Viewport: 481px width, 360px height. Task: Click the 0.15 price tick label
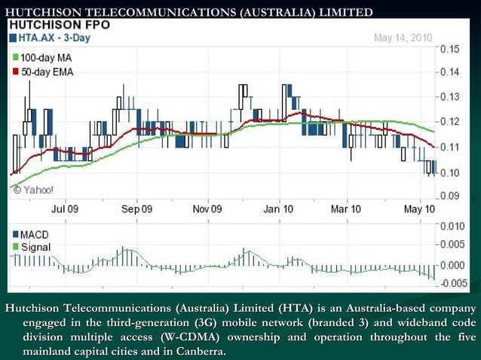[x=449, y=48]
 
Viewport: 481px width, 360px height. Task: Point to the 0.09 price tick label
[x=449, y=195]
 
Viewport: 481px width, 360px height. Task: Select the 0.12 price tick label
[x=449, y=121]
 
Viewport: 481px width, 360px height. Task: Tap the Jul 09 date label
[x=65, y=209]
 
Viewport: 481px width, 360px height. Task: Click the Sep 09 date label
[x=136, y=209]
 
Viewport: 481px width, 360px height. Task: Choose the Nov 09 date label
[x=207, y=209]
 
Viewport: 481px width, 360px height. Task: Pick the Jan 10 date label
[x=278, y=209]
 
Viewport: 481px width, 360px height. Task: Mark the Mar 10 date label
[x=345, y=209]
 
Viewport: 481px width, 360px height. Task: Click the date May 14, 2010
[x=403, y=36]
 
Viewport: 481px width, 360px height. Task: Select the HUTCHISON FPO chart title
[x=60, y=24]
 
